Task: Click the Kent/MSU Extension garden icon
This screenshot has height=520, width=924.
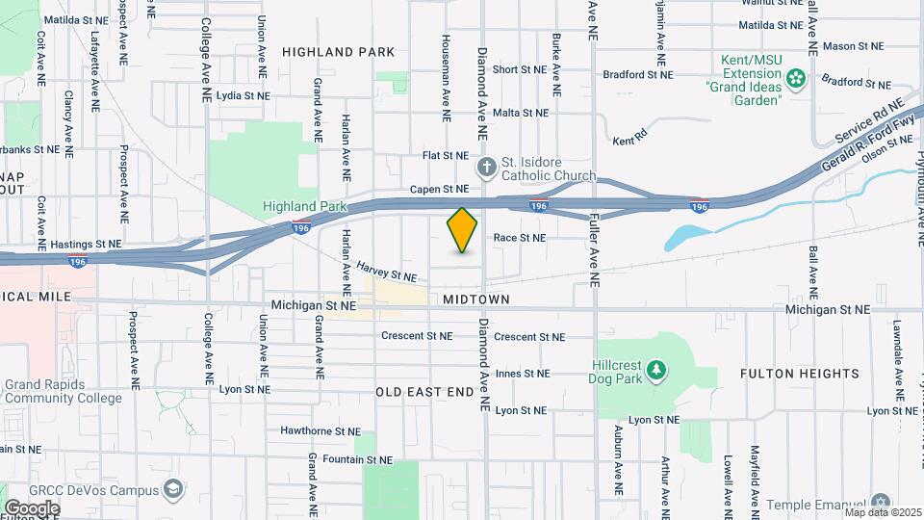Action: pyautogui.click(x=796, y=77)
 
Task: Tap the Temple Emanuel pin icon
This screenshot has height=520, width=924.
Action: pyautogui.click(x=880, y=503)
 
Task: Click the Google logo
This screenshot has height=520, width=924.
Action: pyautogui.click(x=33, y=507)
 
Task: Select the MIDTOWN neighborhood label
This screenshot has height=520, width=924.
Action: pyautogui.click(x=475, y=299)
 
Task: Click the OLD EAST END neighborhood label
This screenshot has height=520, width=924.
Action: pyautogui.click(x=424, y=392)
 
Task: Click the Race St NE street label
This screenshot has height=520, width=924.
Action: pyautogui.click(x=520, y=237)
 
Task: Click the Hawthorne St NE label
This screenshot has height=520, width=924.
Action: pyautogui.click(x=320, y=431)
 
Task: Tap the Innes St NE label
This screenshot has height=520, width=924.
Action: pyautogui.click(x=523, y=374)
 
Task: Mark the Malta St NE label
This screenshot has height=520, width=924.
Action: pyautogui.click(x=520, y=113)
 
